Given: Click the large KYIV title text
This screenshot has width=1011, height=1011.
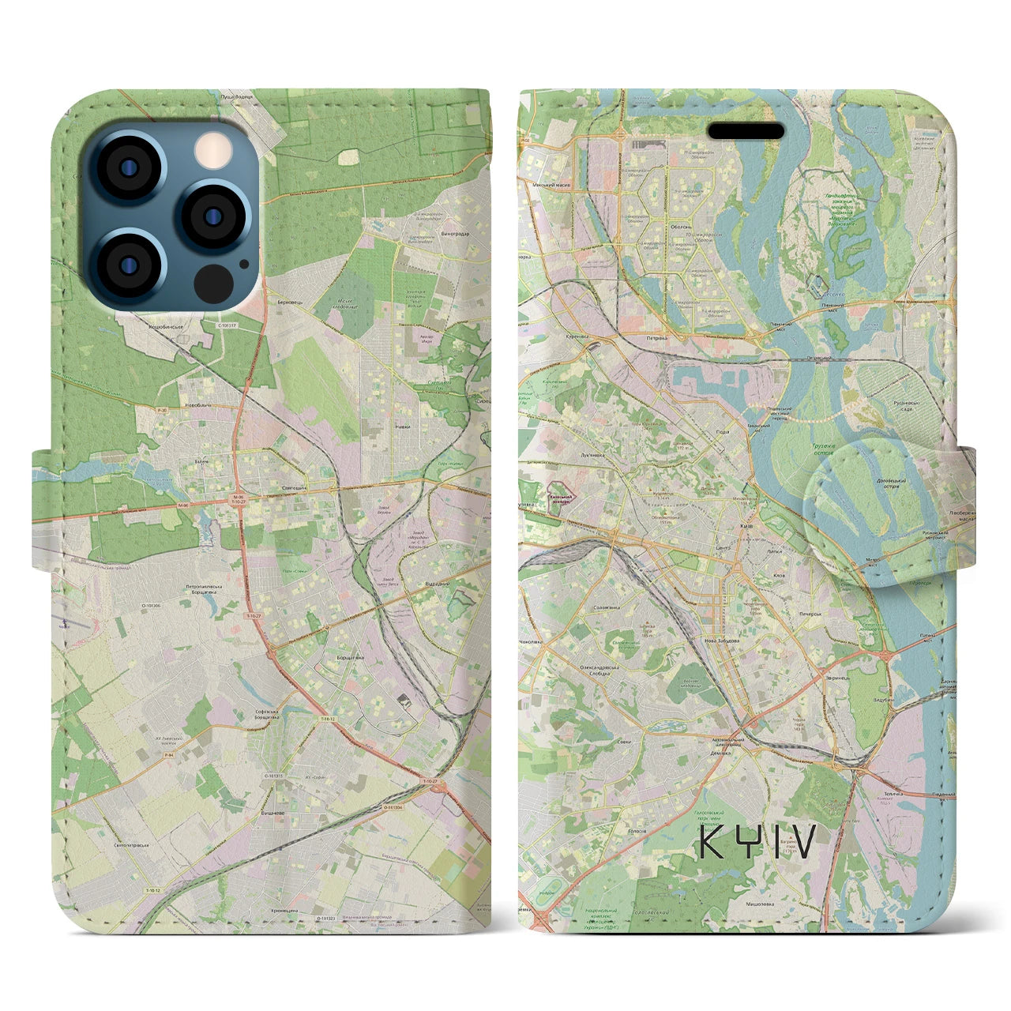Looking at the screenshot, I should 757,842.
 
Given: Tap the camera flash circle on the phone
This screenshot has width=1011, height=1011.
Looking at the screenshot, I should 211,148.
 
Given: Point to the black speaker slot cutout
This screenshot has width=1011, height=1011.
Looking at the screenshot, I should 745,130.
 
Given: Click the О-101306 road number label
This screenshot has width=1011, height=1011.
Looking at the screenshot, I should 131,606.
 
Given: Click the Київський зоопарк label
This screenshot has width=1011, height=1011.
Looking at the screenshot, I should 562,498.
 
